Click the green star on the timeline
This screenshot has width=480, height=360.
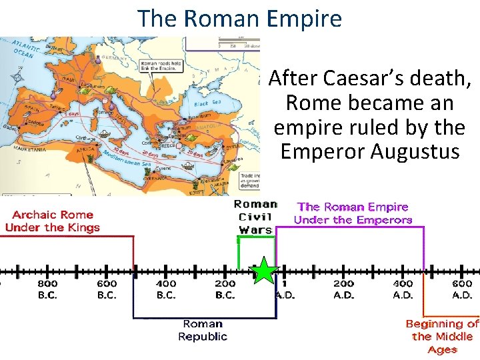(264, 272)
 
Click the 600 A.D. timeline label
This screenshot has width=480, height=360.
(462, 289)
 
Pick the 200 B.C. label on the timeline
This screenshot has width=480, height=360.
(225, 289)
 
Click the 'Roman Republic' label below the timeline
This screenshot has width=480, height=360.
(203, 330)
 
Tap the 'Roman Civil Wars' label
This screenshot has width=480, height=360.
(255, 217)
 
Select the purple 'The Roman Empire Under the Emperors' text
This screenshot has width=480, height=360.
(353, 213)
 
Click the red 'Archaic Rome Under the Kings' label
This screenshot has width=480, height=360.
(52, 221)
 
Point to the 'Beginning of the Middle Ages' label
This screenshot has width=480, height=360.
(442, 337)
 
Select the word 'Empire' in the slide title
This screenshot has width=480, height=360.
(303, 18)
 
